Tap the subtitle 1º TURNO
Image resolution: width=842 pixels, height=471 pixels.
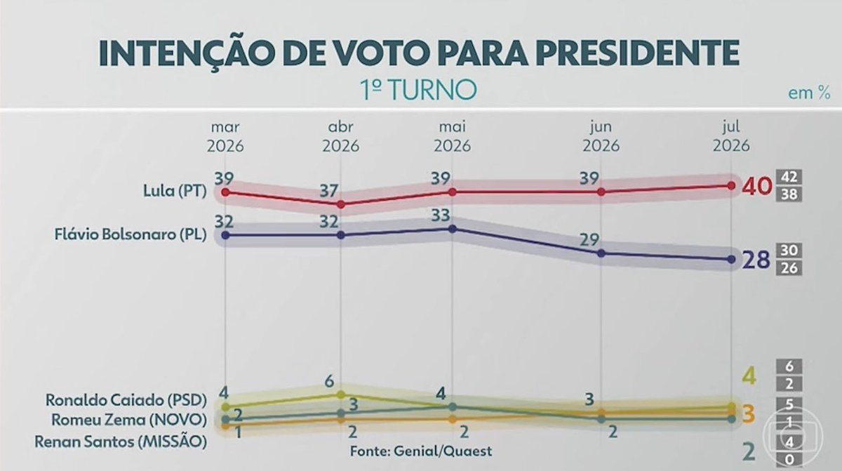point(418,89)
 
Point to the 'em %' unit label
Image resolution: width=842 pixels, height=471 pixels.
point(809,93)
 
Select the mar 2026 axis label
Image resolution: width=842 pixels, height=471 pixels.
point(225,136)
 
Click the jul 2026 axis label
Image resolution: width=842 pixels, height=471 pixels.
point(731,136)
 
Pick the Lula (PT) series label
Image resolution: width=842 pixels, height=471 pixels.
point(175,192)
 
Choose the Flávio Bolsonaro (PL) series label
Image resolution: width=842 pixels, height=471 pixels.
point(131,234)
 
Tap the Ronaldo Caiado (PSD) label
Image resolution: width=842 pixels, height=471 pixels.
point(126,400)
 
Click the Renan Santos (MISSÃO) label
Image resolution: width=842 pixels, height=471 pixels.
point(121,442)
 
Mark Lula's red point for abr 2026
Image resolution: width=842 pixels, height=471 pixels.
point(341,204)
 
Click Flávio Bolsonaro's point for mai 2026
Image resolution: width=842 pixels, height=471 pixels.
point(453,229)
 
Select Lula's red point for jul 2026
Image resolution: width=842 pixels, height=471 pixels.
point(731,186)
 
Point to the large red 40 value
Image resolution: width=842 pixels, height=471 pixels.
point(757,187)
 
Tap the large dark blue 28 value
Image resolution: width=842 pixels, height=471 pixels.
point(756,260)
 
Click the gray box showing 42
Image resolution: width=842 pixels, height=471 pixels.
point(789,177)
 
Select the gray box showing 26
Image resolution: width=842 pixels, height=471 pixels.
point(789,268)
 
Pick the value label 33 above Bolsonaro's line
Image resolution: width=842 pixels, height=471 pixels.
point(441,215)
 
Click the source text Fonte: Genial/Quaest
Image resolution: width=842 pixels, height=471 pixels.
point(421,451)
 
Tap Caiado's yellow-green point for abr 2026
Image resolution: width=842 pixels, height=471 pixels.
point(341,394)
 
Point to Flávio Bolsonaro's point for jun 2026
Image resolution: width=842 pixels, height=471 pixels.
point(601,253)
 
